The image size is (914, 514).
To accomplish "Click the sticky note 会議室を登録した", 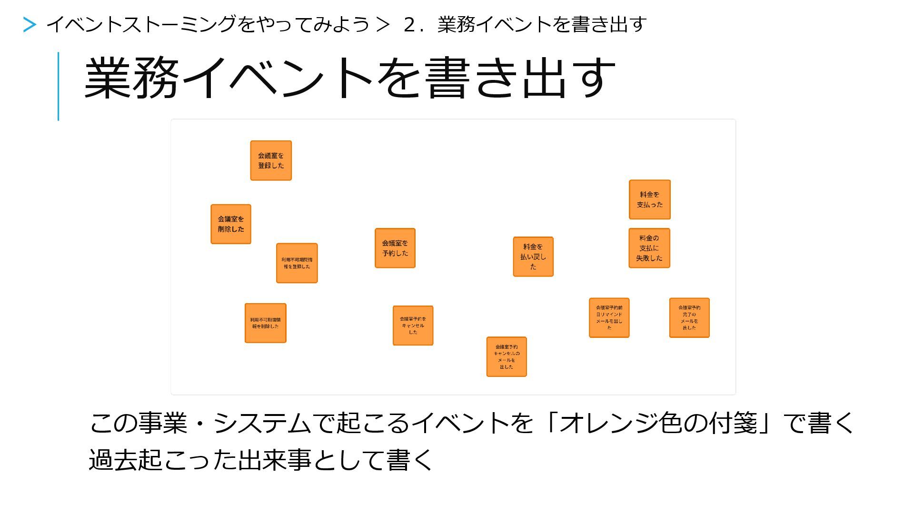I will coord(271,160).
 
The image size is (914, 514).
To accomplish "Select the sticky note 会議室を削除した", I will coord(231,224).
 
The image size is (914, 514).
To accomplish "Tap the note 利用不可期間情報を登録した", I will coord(297,263).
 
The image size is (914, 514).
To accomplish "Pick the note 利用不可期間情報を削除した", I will coord(265,323).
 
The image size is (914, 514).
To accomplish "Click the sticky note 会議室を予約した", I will coord(395,248).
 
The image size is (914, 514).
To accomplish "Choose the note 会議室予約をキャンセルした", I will coord(413,326).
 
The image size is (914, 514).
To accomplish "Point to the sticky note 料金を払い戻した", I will coord(533,257).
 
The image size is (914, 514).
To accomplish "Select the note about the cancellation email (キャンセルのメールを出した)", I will coord(507,357).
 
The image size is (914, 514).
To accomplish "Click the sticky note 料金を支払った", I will coord(650,199).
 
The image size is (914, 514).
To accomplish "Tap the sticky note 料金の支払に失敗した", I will coord(649,248).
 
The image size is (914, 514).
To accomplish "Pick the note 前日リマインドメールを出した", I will coord(609,318).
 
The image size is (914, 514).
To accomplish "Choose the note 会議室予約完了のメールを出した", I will coord(689,318).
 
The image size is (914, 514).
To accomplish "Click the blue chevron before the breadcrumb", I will coord(30,25).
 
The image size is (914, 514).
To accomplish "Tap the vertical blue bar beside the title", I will coord(59,86).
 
